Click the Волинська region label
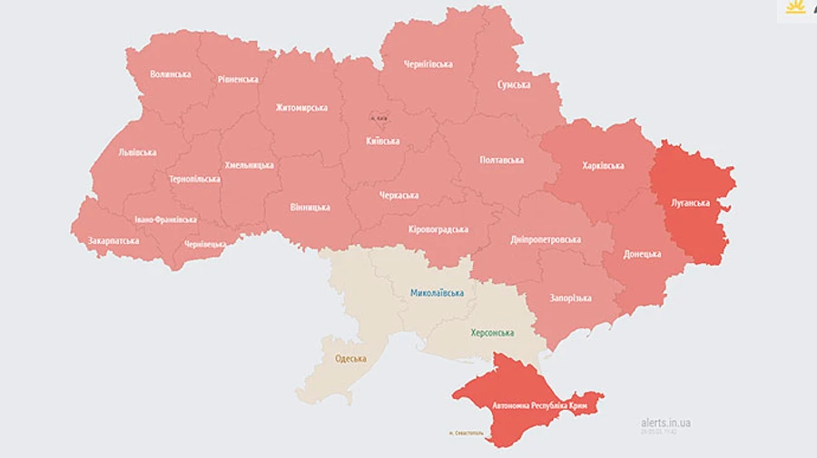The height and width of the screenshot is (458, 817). [x=171, y=74]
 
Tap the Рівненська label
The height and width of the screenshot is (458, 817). [x=238, y=80]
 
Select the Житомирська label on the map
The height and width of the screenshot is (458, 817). [x=301, y=108]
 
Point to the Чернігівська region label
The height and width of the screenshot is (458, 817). [x=428, y=64]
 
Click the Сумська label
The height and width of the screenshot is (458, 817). [x=514, y=84]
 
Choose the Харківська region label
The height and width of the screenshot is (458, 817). [x=603, y=166]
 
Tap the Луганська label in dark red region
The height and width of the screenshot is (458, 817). [x=690, y=203]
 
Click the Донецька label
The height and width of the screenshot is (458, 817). [x=642, y=254]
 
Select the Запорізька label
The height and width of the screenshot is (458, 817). [x=570, y=298]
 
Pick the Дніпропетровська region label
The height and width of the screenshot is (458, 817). [x=546, y=239]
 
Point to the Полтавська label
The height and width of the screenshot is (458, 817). [x=501, y=161]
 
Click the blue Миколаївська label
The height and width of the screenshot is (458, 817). [x=437, y=293]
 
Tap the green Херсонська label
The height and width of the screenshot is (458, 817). [x=491, y=333]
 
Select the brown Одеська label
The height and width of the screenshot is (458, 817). [x=350, y=358]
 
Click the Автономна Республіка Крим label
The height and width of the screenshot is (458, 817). [x=538, y=405]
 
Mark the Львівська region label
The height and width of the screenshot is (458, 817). [x=137, y=152]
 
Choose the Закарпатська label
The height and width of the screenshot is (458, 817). [x=113, y=241]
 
